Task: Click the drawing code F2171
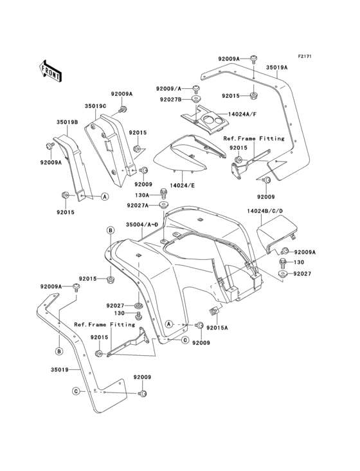(304, 56)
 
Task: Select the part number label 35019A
(277, 67)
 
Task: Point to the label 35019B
(67, 120)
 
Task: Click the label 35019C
(95, 106)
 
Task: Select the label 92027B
(170, 99)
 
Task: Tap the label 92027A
(138, 205)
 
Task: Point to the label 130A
(142, 194)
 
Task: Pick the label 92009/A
(168, 88)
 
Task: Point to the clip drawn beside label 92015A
(215, 313)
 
